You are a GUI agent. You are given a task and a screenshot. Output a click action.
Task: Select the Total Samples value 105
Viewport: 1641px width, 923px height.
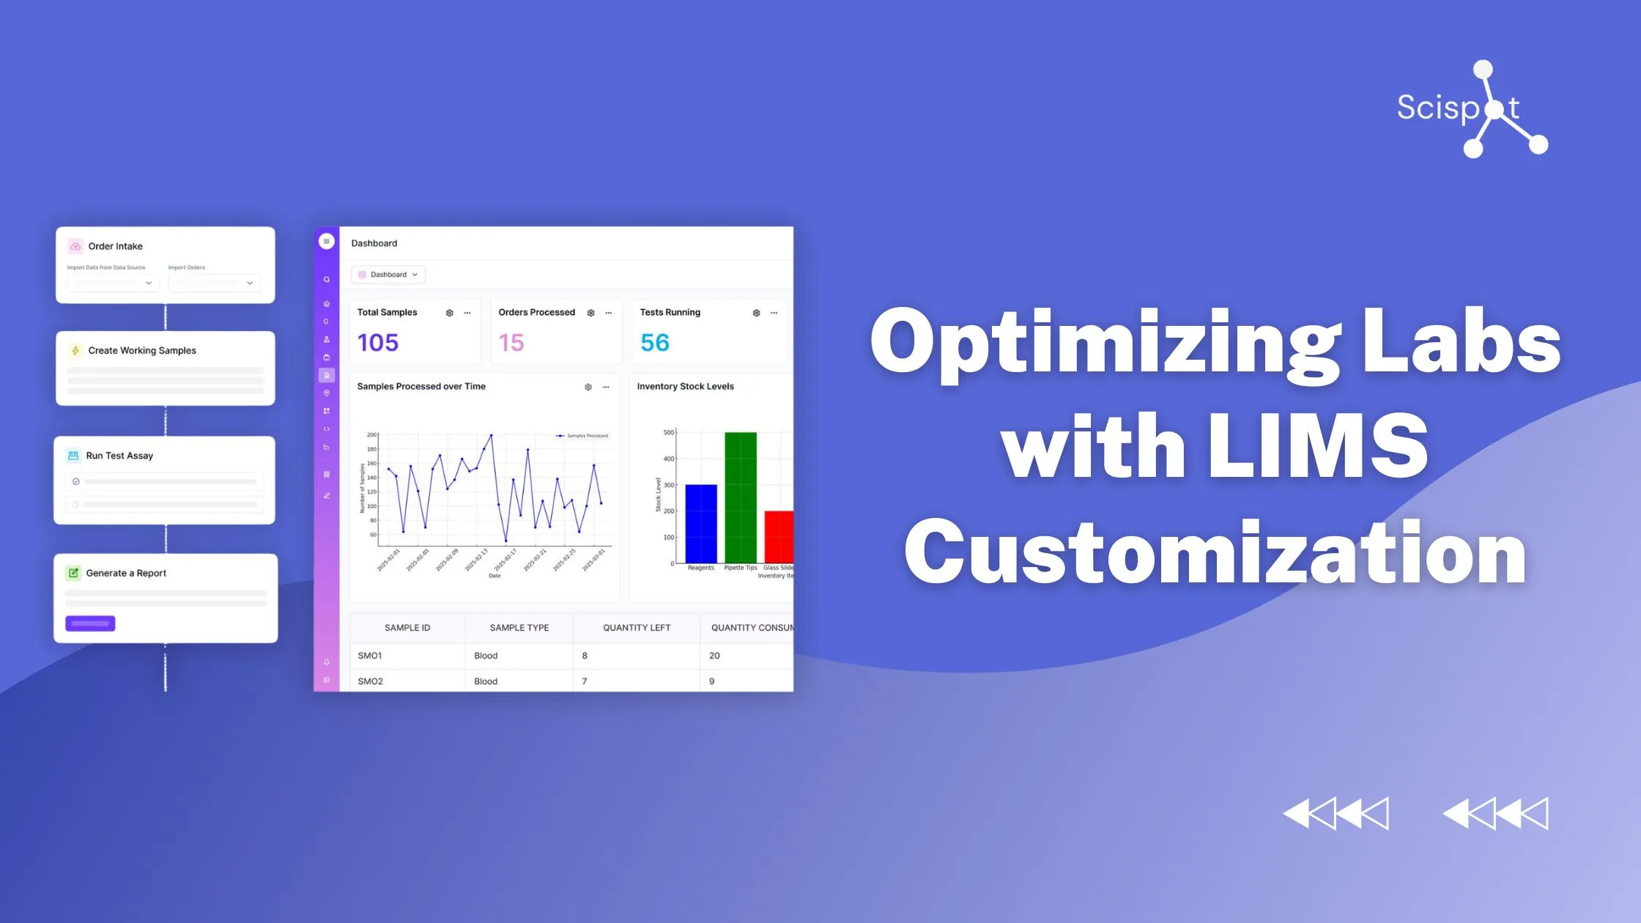[378, 342]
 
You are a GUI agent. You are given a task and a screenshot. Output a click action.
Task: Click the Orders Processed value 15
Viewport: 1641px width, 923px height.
[511, 342]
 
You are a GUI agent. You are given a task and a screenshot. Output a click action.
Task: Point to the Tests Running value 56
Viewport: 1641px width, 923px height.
[655, 342]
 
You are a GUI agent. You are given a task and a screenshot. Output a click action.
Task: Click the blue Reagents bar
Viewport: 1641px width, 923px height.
[701, 523]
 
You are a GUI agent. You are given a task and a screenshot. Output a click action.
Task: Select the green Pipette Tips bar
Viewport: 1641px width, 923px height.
[741, 497]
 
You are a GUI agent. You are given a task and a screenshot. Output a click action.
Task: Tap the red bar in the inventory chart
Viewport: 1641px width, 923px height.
[779, 536]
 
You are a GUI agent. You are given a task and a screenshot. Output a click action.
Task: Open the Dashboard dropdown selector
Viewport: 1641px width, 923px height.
[388, 275]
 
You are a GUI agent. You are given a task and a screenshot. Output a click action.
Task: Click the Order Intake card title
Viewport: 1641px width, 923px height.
[116, 246]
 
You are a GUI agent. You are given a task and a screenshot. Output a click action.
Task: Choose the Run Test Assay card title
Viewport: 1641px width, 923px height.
[119, 456]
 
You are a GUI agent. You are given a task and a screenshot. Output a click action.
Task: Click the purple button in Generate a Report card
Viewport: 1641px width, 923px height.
[90, 623]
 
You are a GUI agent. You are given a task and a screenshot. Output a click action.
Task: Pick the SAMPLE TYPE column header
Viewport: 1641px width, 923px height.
[519, 628]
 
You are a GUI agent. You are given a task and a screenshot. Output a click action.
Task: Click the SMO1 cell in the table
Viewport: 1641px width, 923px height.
[370, 656]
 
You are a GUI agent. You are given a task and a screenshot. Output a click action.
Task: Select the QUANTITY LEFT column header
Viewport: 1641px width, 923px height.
[636, 628]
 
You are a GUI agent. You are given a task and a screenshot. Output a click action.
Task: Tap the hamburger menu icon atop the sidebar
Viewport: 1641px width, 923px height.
[327, 241]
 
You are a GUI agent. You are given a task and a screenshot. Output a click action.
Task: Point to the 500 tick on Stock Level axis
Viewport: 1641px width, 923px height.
[668, 432]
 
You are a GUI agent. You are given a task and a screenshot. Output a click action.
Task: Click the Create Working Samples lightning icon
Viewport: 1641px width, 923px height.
[75, 351]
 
